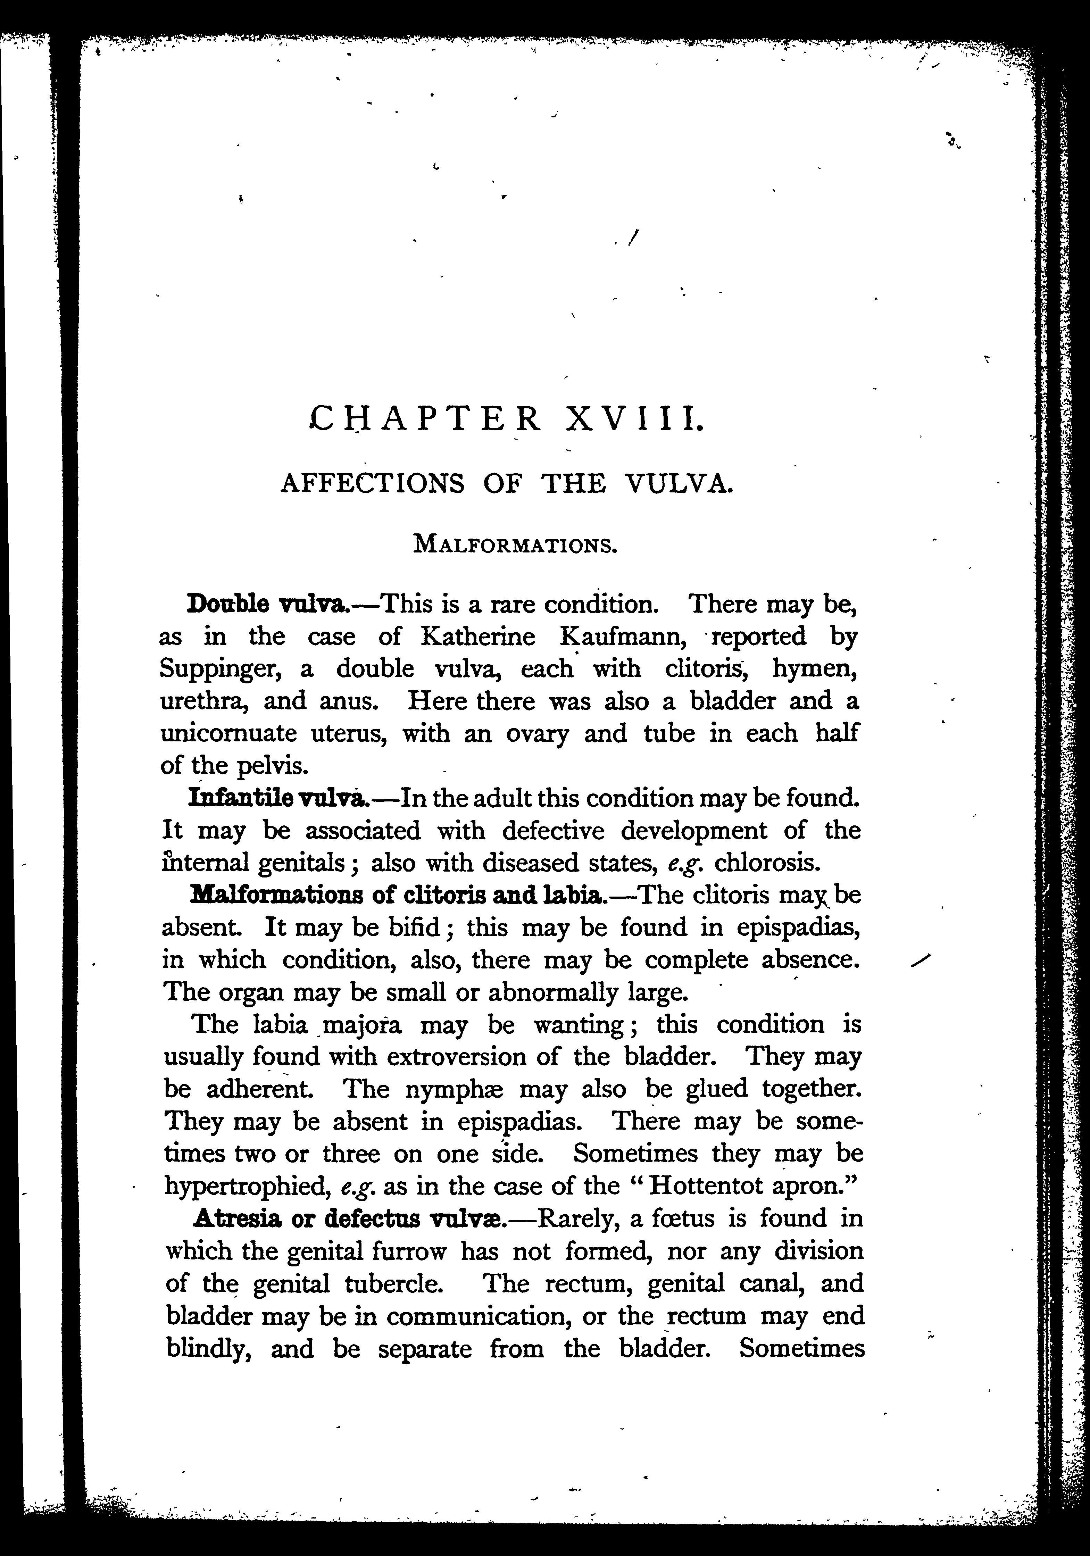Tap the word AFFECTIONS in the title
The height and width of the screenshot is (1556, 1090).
(373, 483)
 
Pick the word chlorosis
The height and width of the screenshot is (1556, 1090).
(768, 863)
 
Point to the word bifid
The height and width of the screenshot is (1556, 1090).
(414, 927)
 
